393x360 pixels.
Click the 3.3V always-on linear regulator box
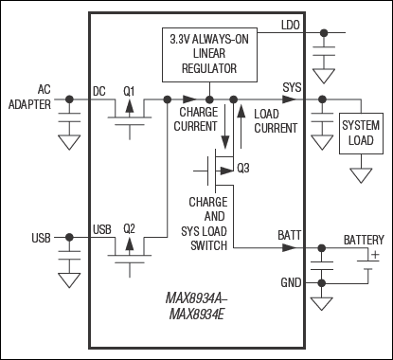tap(209, 55)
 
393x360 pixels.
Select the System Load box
tap(361, 134)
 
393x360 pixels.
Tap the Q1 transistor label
tap(129, 92)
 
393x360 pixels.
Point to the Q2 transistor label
tap(129, 228)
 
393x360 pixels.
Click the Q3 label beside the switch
tap(243, 169)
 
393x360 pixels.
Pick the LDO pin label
tap(291, 26)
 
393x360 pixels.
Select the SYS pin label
tap(292, 87)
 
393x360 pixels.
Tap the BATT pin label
tap(290, 236)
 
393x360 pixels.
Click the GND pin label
tap(291, 282)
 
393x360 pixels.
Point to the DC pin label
tap(99, 92)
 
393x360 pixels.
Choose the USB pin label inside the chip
tap(102, 229)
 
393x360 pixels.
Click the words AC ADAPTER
tap(29, 97)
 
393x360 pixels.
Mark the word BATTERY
tap(364, 240)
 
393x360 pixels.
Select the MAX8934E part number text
tap(196, 315)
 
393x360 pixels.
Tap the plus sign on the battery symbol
tap(375, 255)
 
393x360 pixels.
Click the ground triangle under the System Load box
tap(361, 175)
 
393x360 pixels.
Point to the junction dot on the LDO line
tap(324, 32)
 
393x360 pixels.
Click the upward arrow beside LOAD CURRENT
tap(241, 126)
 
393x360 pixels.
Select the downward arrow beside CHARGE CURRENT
tap(225, 126)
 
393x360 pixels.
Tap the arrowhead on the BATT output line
tap(289, 247)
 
